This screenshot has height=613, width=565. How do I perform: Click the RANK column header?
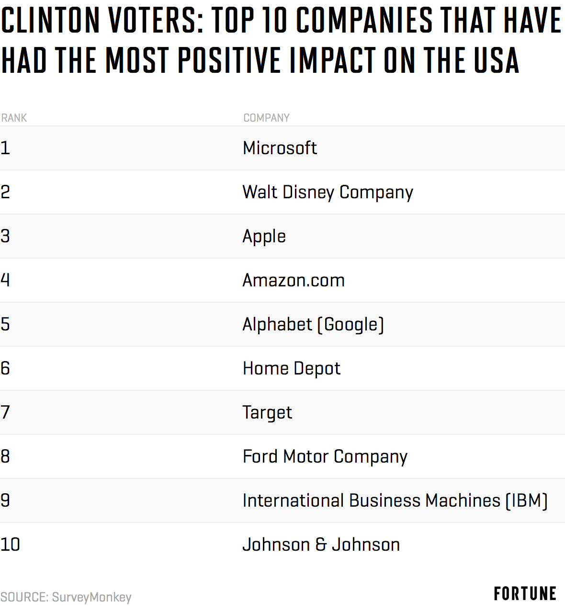click(x=14, y=118)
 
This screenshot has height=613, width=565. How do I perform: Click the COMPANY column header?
click(x=266, y=118)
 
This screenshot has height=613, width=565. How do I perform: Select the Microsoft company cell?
click(x=280, y=148)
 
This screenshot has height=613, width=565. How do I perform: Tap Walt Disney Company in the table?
click(x=328, y=193)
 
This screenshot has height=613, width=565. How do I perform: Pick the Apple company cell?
click(x=264, y=237)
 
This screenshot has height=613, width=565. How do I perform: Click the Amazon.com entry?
click(x=293, y=280)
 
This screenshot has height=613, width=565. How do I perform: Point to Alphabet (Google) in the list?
click(x=313, y=325)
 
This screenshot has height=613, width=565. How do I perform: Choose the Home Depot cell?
click(x=291, y=368)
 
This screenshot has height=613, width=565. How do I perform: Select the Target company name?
click(x=267, y=413)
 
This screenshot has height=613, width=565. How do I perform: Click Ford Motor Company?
click(x=325, y=457)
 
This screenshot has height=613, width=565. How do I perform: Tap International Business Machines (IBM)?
click(x=395, y=501)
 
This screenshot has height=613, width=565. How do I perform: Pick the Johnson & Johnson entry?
click(x=321, y=545)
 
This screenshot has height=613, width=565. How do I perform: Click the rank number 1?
click(x=5, y=148)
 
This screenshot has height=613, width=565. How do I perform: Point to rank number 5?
click(x=5, y=324)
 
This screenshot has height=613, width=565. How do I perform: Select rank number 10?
click(x=10, y=545)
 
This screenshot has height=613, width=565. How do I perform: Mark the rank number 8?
click(x=5, y=456)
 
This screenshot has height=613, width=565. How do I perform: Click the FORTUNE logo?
click(x=525, y=594)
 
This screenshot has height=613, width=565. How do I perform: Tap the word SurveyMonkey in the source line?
click(x=91, y=597)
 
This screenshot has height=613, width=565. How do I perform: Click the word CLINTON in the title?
click(x=50, y=21)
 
